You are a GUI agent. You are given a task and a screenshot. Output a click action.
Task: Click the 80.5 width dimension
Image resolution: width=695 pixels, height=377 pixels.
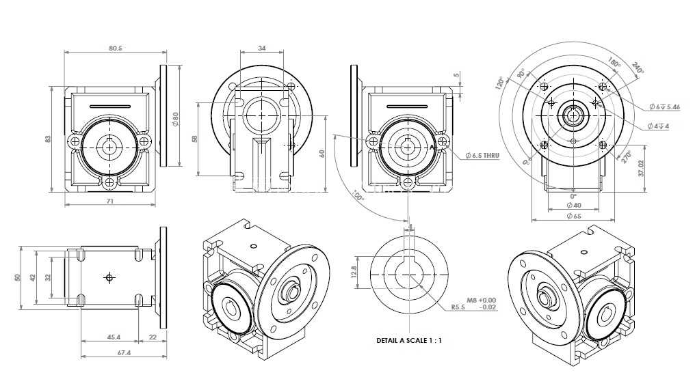[x=115, y=48]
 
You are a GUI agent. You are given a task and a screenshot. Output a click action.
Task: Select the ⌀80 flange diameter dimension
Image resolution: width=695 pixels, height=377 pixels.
[x=176, y=119]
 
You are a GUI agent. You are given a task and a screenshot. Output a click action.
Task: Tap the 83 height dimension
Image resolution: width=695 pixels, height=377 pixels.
[x=48, y=139]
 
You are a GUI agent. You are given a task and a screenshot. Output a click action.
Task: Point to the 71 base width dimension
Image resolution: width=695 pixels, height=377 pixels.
[x=110, y=201]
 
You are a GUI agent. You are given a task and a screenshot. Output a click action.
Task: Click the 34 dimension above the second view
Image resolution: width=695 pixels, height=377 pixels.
[x=261, y=48]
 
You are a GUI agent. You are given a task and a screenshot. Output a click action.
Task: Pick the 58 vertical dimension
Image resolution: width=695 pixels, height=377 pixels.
[x=194, y=139]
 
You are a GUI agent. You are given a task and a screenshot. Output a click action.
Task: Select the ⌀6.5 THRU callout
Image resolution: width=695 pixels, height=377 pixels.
[x=482, y=155]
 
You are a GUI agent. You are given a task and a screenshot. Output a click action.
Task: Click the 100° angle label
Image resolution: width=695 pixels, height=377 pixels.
[x=357, y=195]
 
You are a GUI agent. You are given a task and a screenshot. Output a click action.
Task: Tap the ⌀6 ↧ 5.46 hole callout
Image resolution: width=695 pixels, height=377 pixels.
[x=664, y=107]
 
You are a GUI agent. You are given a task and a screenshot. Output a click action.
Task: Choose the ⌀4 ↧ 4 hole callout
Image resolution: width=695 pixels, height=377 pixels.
[x=658, y=126]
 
